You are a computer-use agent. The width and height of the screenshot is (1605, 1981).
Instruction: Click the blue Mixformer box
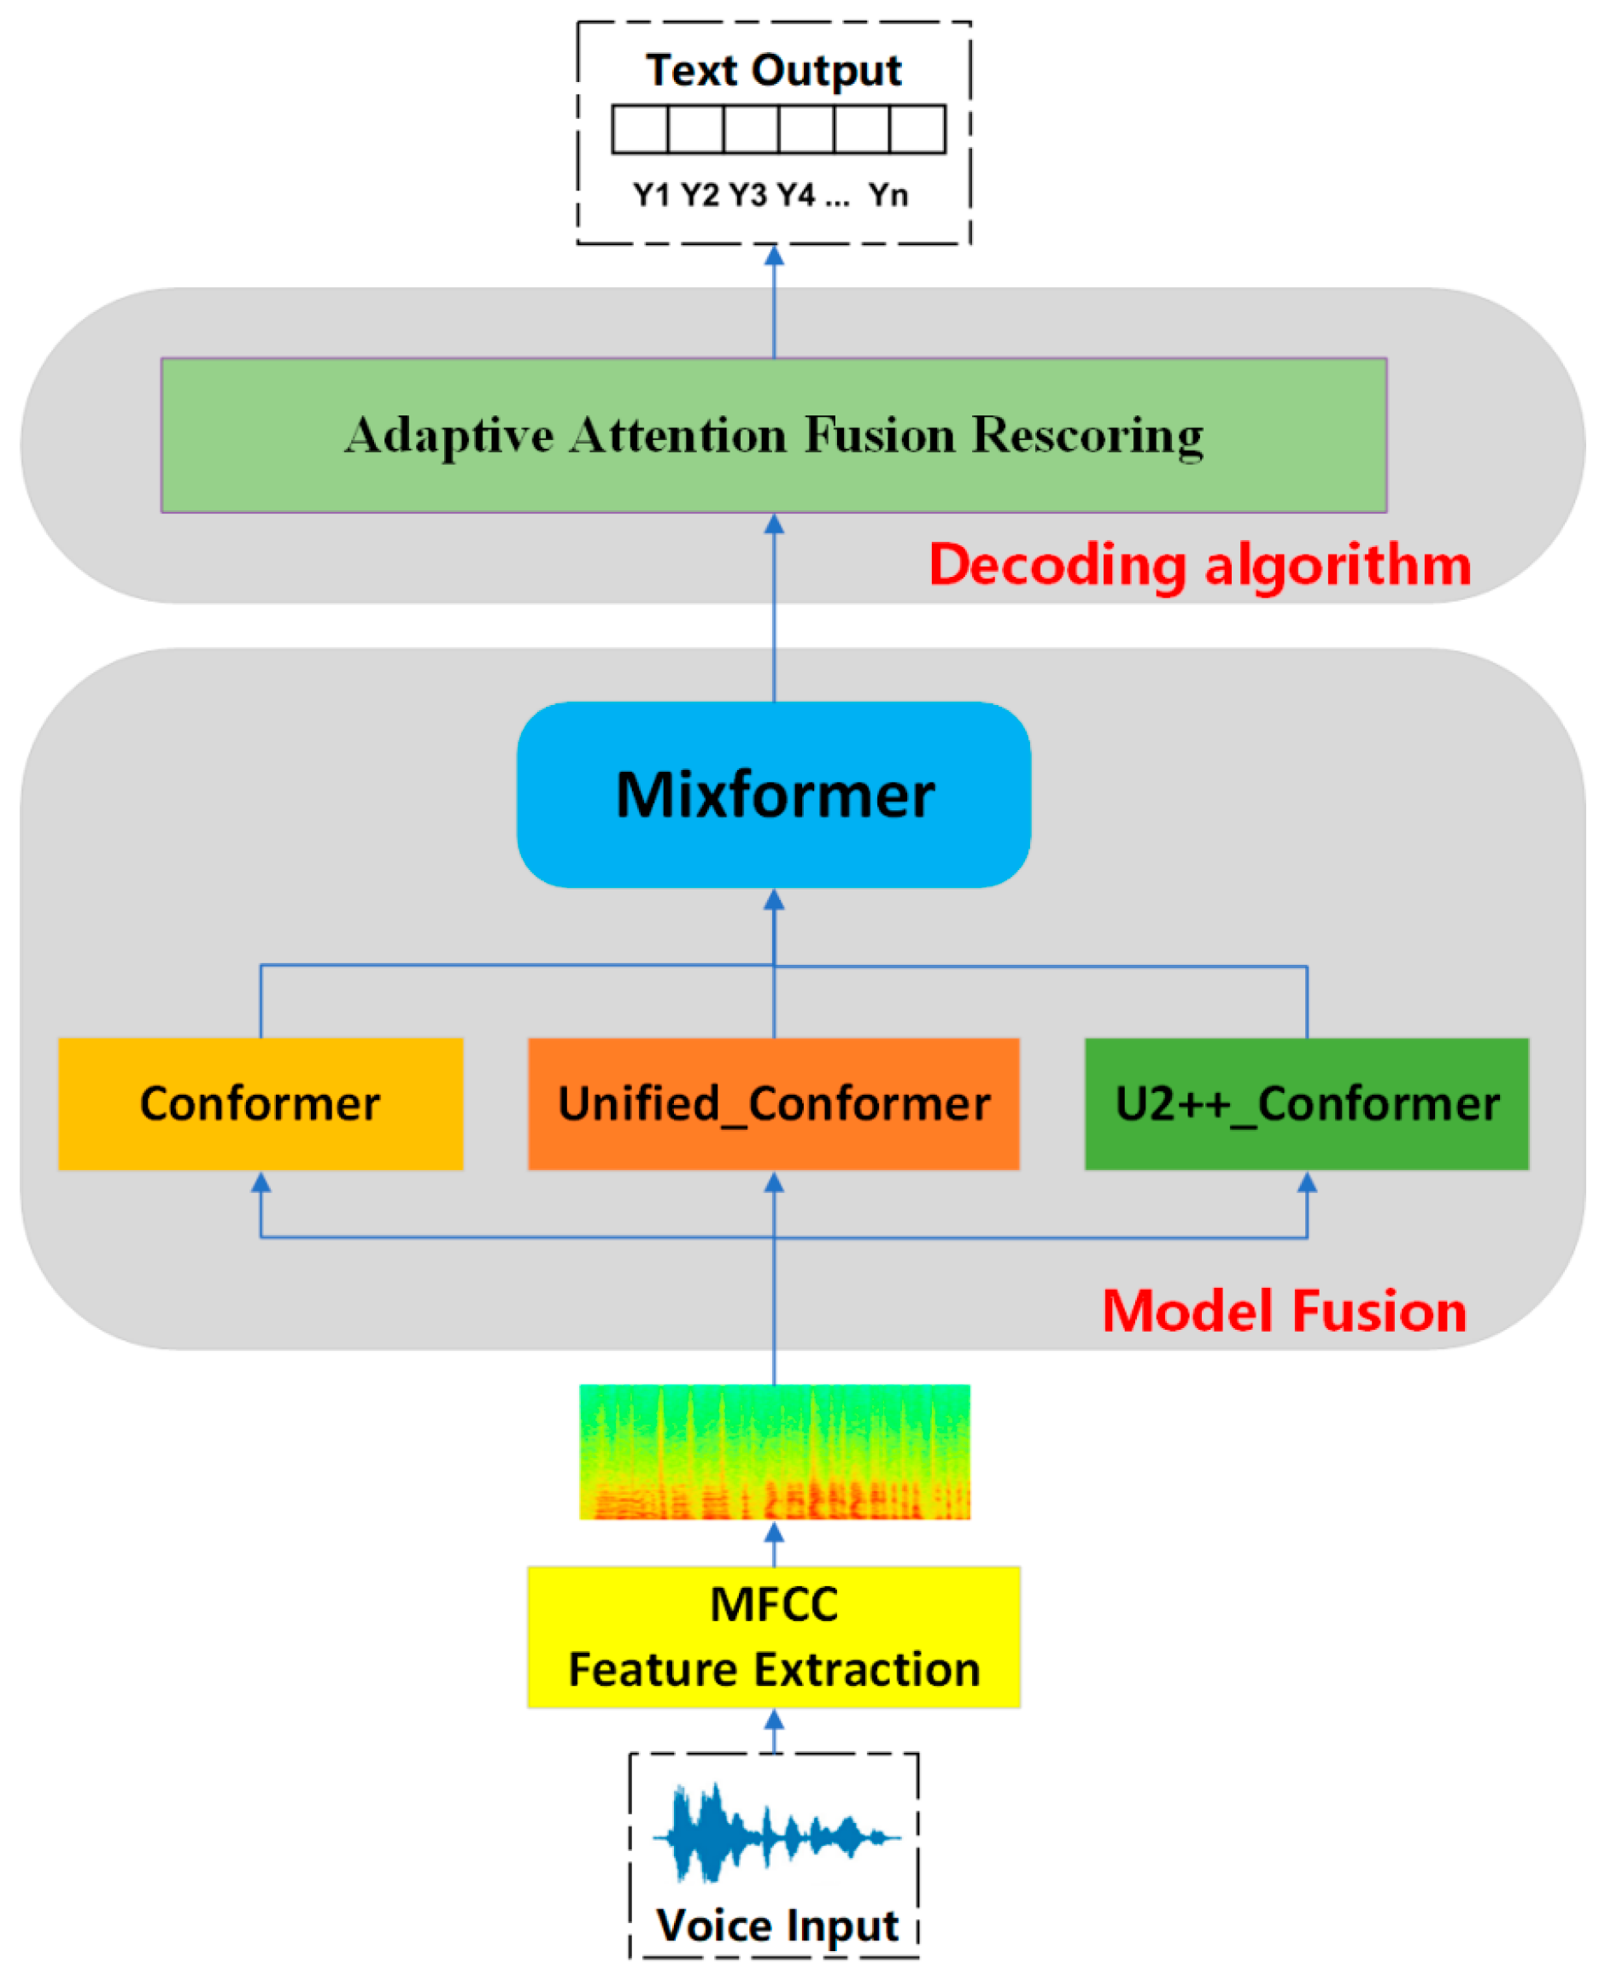pos(773,795)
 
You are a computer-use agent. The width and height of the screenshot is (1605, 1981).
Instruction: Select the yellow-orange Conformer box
pos(260,1103)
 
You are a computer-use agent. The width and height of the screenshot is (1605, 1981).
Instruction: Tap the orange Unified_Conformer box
pos(773,1103)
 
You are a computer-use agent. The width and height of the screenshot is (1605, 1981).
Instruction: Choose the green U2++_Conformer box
pos(1305,1103)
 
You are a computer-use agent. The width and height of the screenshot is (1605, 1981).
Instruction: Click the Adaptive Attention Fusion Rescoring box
pos(773,435)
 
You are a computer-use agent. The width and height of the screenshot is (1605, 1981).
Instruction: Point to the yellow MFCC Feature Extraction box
pos(773,1636)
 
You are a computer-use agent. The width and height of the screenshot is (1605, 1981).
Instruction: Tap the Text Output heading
pos(773,70)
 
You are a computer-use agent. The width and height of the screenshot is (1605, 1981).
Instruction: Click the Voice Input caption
pos(776,1925)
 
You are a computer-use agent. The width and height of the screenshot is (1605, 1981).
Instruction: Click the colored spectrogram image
pos(774,1451)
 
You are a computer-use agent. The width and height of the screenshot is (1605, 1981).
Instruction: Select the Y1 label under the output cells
pos(651,195)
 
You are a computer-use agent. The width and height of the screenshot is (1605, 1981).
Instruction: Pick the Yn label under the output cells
pos(887,195)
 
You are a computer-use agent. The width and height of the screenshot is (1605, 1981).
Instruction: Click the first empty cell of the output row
pos(640,130)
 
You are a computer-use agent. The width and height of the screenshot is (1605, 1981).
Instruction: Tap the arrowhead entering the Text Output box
pos(774,256)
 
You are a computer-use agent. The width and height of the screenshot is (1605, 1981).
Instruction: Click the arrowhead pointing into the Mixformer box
pos(774,899)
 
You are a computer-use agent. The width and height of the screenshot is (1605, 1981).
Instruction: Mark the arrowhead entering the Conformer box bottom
pos(261,1182)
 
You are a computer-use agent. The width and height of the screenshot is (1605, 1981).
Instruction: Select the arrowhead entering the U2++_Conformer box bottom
pos(1306,1182)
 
